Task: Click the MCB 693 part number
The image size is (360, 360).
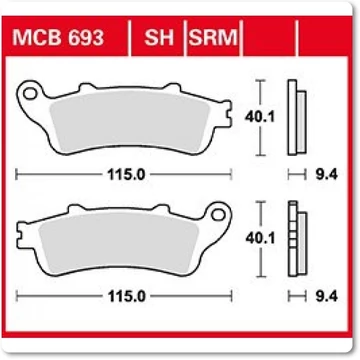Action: coord(58,37)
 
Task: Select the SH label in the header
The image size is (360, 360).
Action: coord(159,37)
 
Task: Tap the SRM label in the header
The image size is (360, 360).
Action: coord(213,37)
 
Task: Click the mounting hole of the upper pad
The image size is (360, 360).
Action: coord(30,94)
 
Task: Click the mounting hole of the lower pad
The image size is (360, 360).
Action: coord(218,215)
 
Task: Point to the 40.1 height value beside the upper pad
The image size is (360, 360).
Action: coord(260,117)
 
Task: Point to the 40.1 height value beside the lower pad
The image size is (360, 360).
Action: coord(260,238)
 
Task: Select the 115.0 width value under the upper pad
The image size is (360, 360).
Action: coord(126,174)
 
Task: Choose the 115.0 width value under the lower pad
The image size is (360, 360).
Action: coord(127,296)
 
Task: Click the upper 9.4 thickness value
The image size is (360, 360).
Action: coord(327,174)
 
